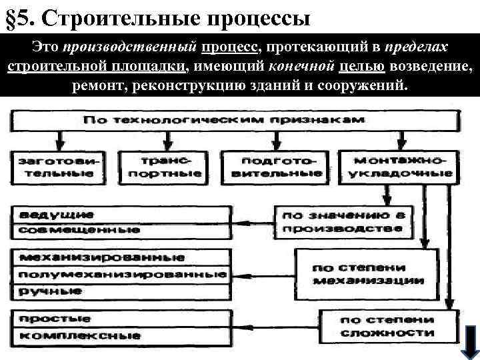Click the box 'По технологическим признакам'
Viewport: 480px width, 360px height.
pyautogui.click(x=233, y=120)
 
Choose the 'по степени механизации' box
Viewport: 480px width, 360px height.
pyautogui.click(x=368, y=274)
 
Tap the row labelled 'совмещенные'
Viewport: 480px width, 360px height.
pyautogui.click(x=121, y=231)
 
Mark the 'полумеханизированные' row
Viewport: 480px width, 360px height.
pyautogui.click(x=121, y=275)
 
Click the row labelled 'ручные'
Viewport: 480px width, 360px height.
pyautogui.click(x=121, y=291)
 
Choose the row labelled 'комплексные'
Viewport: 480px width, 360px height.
pyautogui.click(x=121, y=335)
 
